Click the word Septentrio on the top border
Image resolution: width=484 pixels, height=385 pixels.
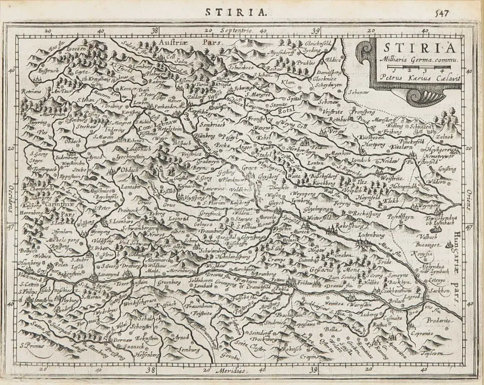(236, 31)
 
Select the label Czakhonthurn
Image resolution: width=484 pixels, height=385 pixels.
(397, 291)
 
